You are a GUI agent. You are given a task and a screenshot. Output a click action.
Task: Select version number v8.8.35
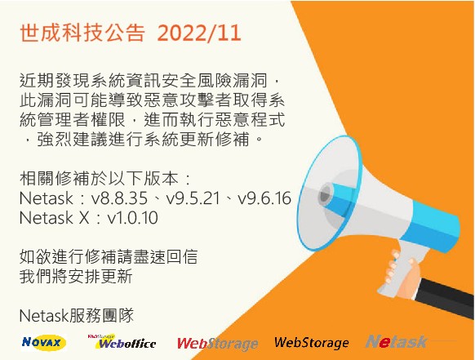click(119, 198)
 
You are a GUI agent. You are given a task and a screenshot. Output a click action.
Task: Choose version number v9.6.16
click(260, 198)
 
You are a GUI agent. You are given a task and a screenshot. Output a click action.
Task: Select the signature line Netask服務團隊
click(74, 314)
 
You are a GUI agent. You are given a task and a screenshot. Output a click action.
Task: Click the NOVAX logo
click(44, 343)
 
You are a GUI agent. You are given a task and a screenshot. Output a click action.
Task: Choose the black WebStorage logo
click(311, 343)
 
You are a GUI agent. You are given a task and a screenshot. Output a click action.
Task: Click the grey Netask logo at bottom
click(396, 342)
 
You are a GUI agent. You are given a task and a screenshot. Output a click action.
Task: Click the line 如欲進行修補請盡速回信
click(107, 256)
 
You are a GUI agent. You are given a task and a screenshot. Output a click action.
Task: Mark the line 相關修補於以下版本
click(101, 179)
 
